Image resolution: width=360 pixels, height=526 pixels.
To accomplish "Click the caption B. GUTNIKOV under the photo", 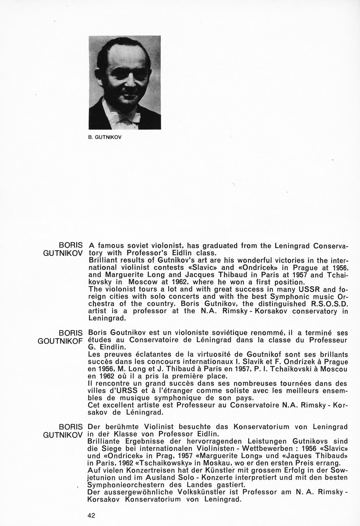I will pyautogui.click(x=105, y=136).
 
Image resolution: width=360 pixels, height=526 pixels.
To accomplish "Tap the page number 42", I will pyautogui.click(x=91, y=515).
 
